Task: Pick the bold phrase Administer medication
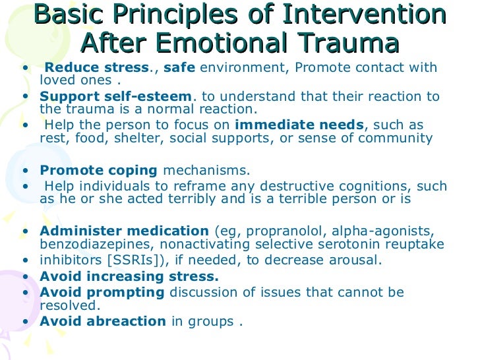[x=125, y=231]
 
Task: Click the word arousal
[x=357, y=260]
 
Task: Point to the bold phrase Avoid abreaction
[x=103, y=322]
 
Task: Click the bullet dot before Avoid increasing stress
[x=25, y=277]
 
